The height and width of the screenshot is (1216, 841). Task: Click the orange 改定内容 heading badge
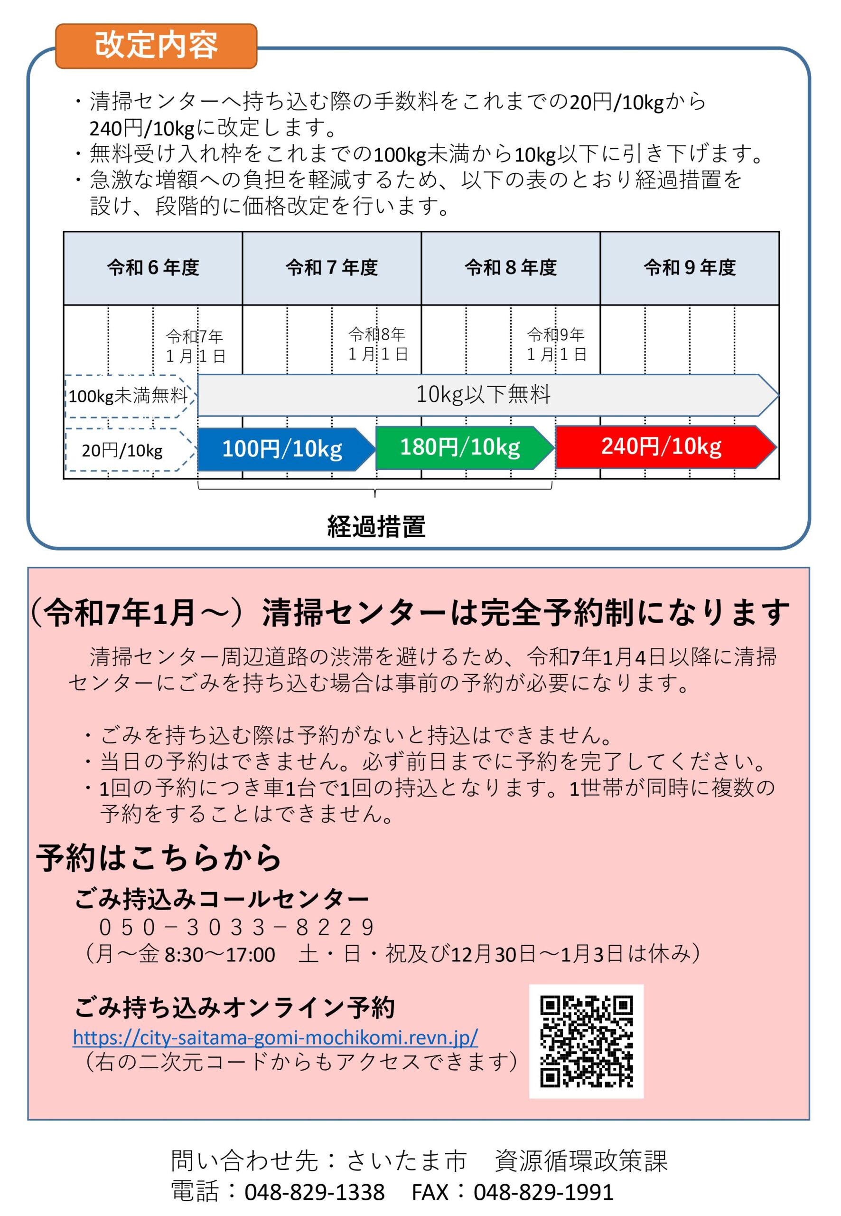[156, 46]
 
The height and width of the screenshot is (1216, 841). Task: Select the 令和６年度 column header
[153, 268]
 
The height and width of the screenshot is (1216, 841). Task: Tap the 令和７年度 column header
[332, 268]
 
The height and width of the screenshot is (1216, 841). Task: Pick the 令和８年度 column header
[511, 268]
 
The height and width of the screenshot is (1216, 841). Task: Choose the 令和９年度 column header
[690, 268]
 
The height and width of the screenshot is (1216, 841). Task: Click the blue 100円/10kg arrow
[286, 449]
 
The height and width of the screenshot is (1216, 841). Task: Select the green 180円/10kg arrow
[465, 447]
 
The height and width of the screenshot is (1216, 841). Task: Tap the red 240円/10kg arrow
[666, 446]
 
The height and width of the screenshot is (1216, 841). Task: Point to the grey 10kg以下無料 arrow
[488, 395]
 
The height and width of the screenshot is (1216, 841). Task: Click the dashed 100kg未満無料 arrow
[130, 396]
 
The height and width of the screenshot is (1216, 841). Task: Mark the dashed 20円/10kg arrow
[130, 450]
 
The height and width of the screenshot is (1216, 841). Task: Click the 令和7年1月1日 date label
[196, 346]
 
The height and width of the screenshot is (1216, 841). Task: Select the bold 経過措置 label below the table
[376, 526]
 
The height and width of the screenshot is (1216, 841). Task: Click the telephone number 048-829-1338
[315, 1192]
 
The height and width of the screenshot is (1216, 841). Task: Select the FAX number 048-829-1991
[543, 1192]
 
